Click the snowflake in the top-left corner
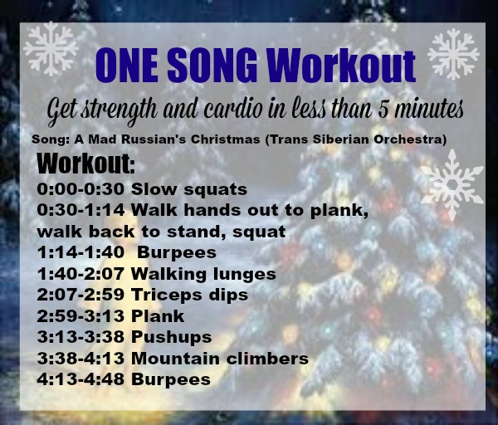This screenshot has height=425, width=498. pyautogui.click(x=51, y=49)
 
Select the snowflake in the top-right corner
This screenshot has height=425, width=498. pyautogui.click(x=454, y=53)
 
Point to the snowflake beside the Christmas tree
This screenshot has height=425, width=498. pyautogui.click(x=451, y=184)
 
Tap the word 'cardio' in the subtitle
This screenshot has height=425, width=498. pyautogui.click(x=259, y=110)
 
